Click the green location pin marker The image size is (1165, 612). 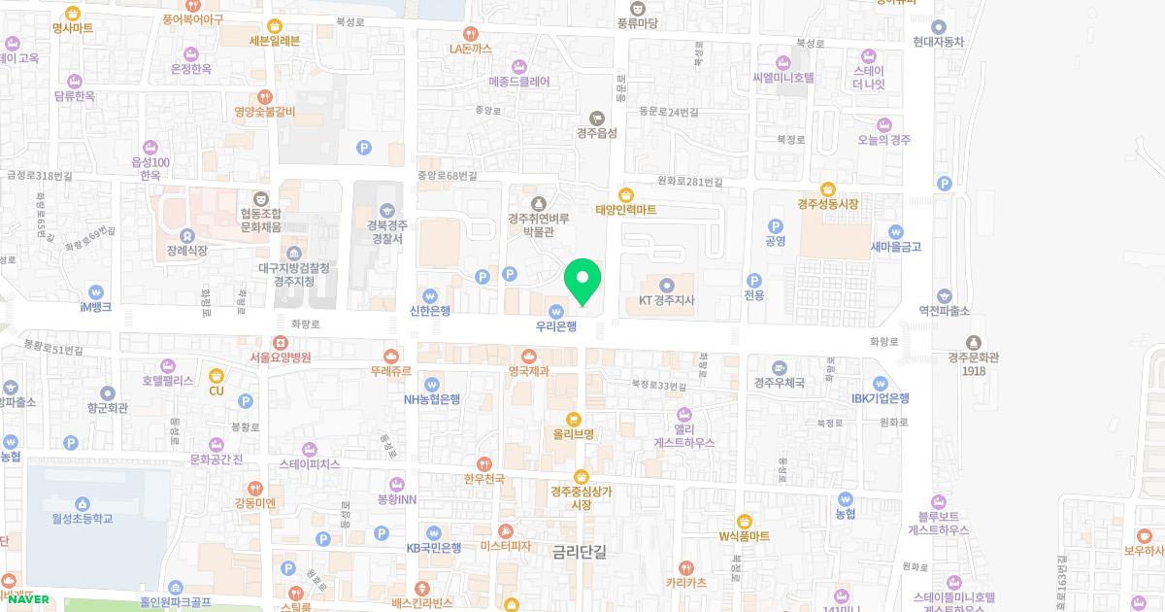pos(582,281)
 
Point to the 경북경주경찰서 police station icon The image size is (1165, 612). pos(386,210)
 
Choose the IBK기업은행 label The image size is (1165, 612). pos(881,398)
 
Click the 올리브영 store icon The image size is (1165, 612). pos(574,419)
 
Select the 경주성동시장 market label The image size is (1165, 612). pos(828,204)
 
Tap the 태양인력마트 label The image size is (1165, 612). pos(626,210)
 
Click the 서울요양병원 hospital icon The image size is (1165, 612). pos(280,342)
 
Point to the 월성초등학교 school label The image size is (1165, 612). pos(83,519)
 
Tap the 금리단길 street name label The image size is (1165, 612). pos(579,552)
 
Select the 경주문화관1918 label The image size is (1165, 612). pos(974,363)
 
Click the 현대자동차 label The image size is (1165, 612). pos(939,42)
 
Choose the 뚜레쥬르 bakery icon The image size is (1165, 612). pos(391,357)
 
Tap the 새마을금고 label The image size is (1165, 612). pos(896,247)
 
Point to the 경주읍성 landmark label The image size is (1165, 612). pos(596,133)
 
